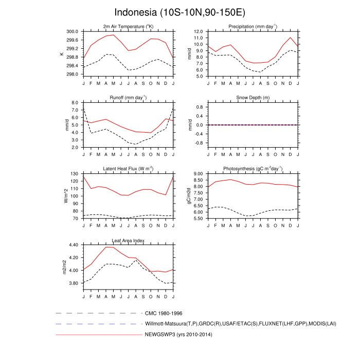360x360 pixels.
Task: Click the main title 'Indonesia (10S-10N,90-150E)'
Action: [180, 12]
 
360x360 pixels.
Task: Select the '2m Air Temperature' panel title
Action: [128, 26]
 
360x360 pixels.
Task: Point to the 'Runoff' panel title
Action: [128, 97]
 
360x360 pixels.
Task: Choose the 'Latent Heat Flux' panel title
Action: [128, 169]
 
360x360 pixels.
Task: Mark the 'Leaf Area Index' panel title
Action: [128, 240]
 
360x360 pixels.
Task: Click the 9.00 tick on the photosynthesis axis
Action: [198, 174]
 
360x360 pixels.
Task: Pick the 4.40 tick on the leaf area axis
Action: [73, 245]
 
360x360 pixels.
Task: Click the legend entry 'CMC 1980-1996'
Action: [164, 313]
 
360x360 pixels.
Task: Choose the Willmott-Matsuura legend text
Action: [226, 324]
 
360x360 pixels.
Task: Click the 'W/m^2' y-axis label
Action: [66, 196]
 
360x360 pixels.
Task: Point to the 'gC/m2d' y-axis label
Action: [189, 196]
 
